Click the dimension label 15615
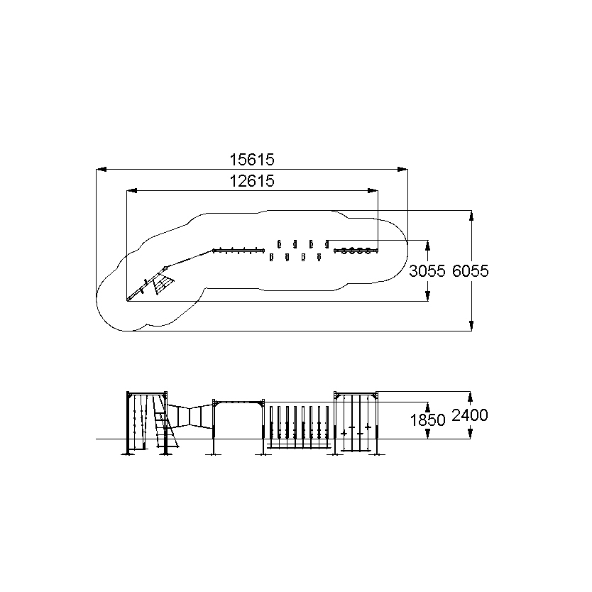(252, 160)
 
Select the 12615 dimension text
(252, 181)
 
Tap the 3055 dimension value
(427, 271)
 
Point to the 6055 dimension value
(471, 271)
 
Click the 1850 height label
(427, 420)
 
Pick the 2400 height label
(470, 415)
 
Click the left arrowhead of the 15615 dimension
(102, 170)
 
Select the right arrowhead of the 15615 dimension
(402, 170)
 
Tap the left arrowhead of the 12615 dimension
(131, 191)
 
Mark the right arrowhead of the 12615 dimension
(373, 191)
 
